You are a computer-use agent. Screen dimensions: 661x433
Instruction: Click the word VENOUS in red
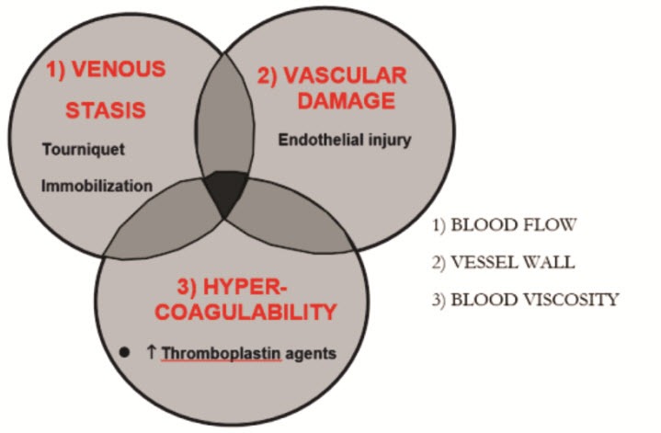120,69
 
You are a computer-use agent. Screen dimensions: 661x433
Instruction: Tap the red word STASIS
106,110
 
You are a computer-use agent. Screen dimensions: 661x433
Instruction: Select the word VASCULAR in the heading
346,76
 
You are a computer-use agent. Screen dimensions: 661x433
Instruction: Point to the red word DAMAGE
347,101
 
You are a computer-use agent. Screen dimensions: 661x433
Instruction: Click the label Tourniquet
84,149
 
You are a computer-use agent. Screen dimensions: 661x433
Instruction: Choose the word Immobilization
97,186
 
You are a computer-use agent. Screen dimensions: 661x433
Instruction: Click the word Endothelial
320,140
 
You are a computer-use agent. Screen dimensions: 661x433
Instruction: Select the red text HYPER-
232,287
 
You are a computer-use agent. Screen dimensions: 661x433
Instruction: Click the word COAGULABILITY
245,312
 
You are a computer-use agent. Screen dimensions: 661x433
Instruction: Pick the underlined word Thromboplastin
222,353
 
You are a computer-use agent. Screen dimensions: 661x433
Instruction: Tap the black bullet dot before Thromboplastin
124,352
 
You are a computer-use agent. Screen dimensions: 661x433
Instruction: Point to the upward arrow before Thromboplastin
152,352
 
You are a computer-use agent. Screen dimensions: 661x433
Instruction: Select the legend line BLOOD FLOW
504,225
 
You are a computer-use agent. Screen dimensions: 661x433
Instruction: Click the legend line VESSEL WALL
504,262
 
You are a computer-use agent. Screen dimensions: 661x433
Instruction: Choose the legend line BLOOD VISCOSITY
525,300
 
